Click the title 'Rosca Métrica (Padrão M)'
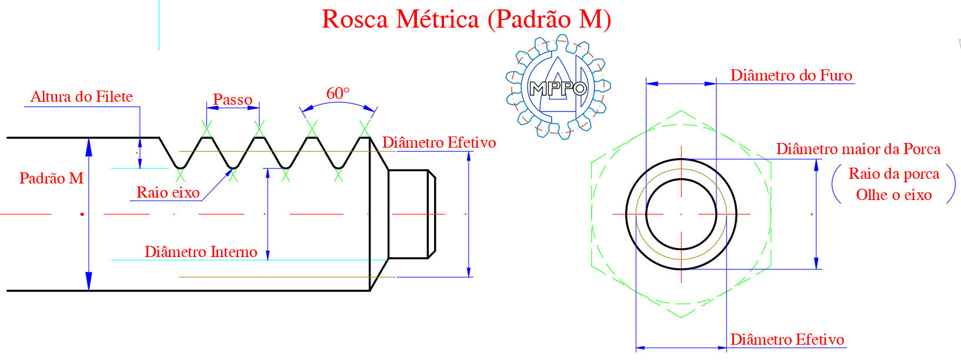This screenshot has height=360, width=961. coord(466,19)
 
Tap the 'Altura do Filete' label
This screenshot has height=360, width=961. coord(82,96)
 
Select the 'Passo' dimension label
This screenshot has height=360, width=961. coord(232,100)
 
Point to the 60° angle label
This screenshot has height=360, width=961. coord(338,93)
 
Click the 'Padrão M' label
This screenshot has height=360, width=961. coord(52,178)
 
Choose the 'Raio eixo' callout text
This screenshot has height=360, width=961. coord(168,192)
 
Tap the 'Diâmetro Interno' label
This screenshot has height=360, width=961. coord(201,251)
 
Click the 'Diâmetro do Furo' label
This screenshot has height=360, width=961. coord(791,75)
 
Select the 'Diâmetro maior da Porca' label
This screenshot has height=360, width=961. coord(859,149)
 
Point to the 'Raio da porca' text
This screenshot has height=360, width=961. coord(894,174)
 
